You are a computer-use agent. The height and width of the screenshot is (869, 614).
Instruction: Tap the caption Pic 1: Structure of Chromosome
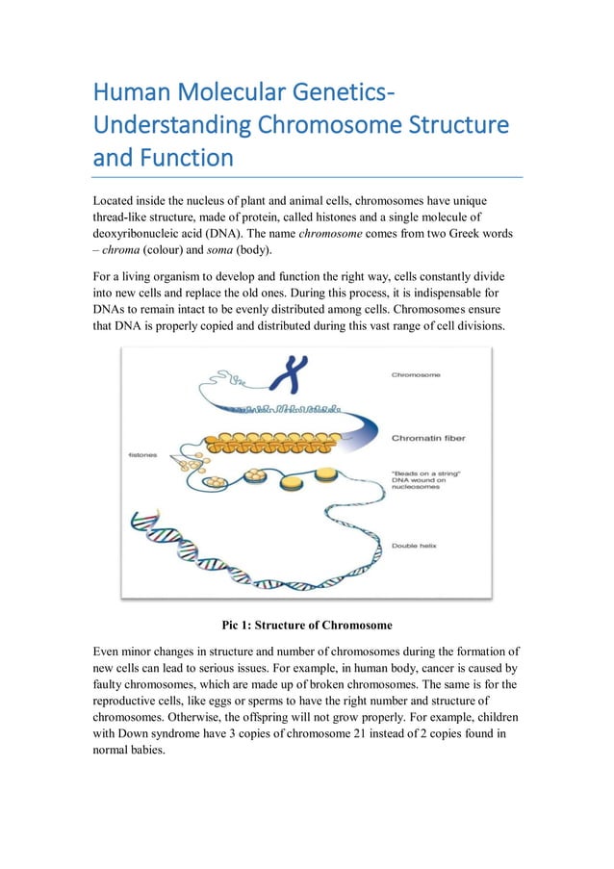coord(306,623)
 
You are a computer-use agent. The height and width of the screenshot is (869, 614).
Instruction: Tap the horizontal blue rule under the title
coord(307,177)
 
